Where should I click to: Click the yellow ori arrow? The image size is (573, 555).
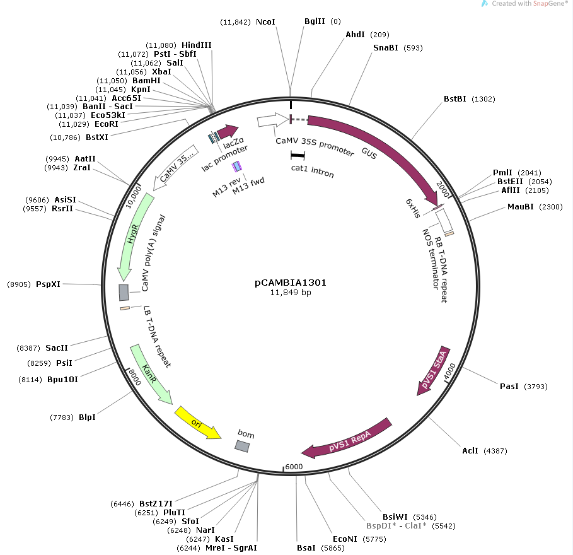[197, 423]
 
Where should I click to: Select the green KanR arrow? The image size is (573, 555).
[150, 374]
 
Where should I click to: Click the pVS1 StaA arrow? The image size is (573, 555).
[434, 370]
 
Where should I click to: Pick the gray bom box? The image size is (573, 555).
[242, 446]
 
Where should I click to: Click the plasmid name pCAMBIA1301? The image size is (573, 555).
[291, 283]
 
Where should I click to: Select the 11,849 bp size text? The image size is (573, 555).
[291, 293]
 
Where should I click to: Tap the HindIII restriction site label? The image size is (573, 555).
[197, 45]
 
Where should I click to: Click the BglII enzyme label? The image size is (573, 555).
[315, 21]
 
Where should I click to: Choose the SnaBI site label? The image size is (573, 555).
[386, 48]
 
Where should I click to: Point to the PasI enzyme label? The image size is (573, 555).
[509, 387]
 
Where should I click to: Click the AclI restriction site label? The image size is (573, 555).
[470, 451]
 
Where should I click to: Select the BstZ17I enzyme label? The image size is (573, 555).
[156, 504]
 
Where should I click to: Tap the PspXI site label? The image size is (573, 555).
[49, 284]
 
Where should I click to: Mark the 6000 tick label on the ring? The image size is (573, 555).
[294, 467]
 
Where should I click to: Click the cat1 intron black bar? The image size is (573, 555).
[298, 156]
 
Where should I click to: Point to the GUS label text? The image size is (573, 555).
[369, 153]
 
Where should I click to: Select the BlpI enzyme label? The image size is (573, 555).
[88, 417]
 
